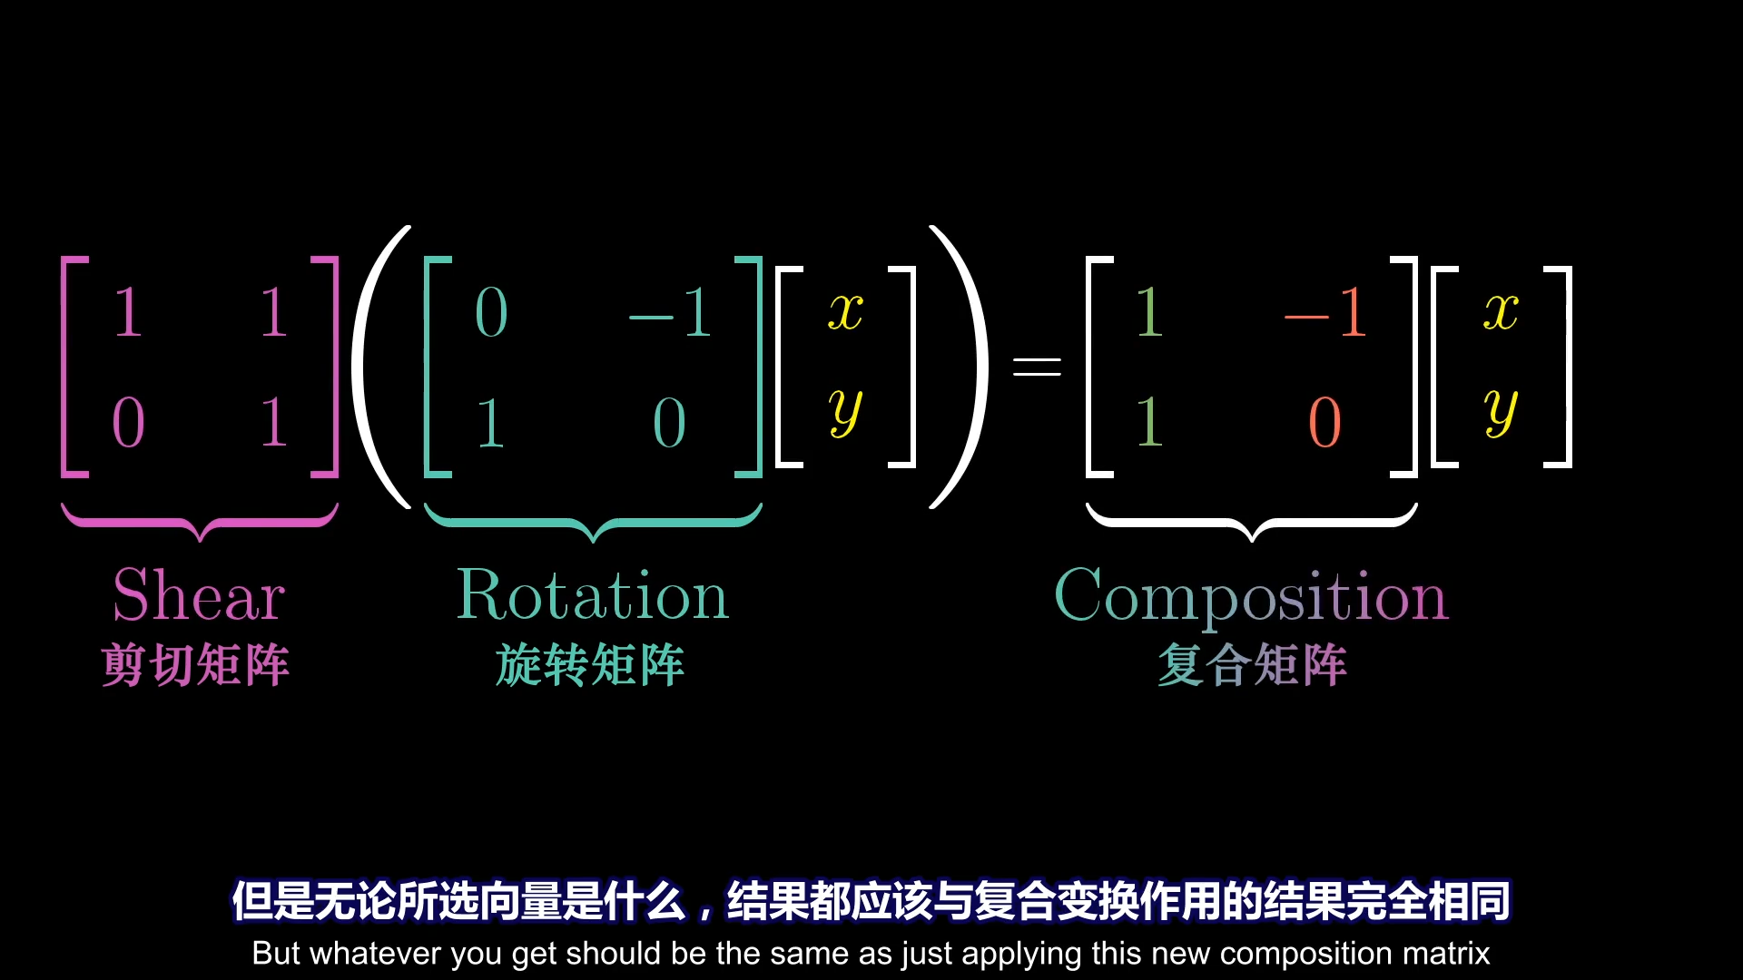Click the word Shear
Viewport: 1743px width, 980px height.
coord(199,595)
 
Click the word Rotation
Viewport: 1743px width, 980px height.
coord(592,595)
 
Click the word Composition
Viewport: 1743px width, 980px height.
coord(1251,597)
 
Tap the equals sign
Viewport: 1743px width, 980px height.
coord(1037,367)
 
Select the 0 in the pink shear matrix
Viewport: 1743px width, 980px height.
coord(128,423)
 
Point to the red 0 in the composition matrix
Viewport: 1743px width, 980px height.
coord(1324,423)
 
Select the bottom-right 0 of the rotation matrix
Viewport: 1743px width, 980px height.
coord(669,423)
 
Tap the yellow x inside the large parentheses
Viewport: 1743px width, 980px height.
coord(845,311)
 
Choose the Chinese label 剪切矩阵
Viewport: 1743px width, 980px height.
coord(195,665)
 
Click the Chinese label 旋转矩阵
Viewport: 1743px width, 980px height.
coord(590,665)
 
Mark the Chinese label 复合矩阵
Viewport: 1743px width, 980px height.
coord(1252,665)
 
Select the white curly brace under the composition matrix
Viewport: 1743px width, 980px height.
coord(1251,523)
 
